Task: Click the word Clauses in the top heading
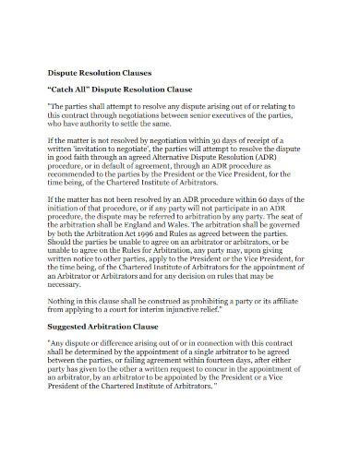pos(141,71)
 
